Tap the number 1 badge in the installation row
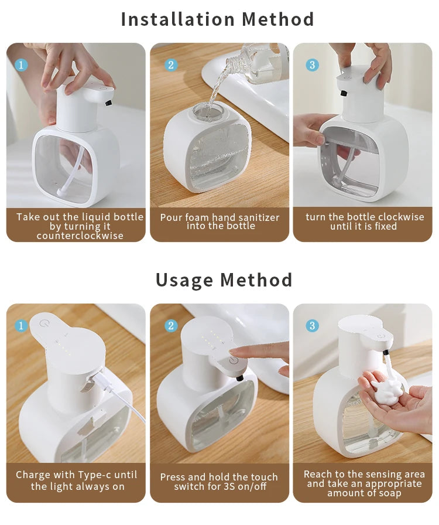[22, 65]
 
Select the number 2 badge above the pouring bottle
[171, 65]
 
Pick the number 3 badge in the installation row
[312, 65]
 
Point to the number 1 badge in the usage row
[22, 325]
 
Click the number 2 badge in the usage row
[171, 325]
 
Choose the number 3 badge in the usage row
[312, 325]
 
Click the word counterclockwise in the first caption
[80, 236]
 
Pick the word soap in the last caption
[389, 493]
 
